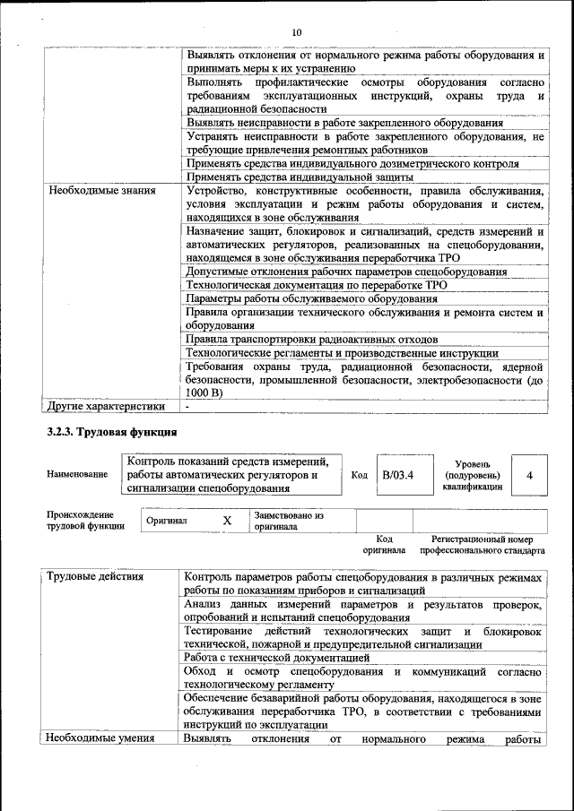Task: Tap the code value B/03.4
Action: click(397, 474)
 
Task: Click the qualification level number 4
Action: click(530, 475)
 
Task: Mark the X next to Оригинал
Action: click(227, 521)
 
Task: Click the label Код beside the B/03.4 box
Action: click(359, 475)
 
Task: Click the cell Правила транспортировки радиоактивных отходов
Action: click(311, 340)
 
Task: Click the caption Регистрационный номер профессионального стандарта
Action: click(487, 545)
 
